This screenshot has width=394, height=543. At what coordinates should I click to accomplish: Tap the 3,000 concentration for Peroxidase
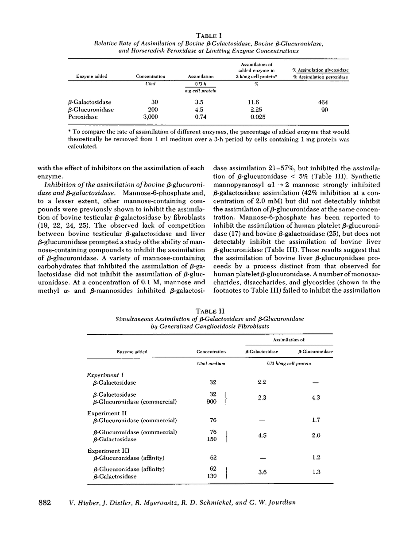pos(148,117)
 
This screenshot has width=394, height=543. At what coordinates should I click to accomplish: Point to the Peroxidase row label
pos(80,117)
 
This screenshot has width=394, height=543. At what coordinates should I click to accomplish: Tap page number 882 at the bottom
pos(45,503)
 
